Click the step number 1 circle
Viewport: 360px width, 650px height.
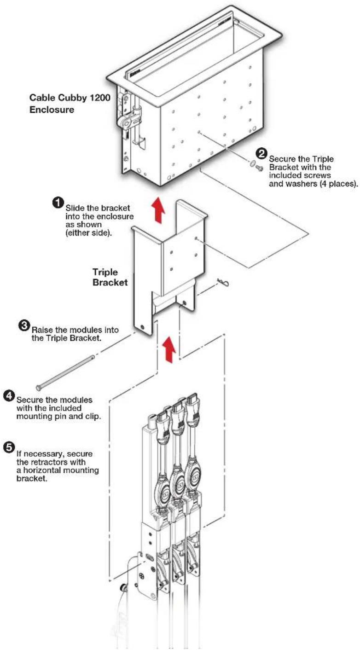click(58, 203)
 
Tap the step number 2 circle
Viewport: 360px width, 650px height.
click(261, 153)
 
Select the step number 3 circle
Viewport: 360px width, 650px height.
click(24, 325)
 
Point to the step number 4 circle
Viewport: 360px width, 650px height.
click(9, 395)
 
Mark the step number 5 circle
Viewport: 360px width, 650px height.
click(9, 447)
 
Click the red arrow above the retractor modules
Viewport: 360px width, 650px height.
click(169, 349)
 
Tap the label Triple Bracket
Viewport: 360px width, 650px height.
click(110, 277)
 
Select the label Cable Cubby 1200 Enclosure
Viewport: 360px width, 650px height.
click(70, 104)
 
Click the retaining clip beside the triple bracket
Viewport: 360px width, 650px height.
click(223, 282)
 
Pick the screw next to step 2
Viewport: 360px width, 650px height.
click(258, 167)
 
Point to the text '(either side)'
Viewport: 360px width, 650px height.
click(88, 233)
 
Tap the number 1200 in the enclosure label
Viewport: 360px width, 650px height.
click(100, 98)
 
